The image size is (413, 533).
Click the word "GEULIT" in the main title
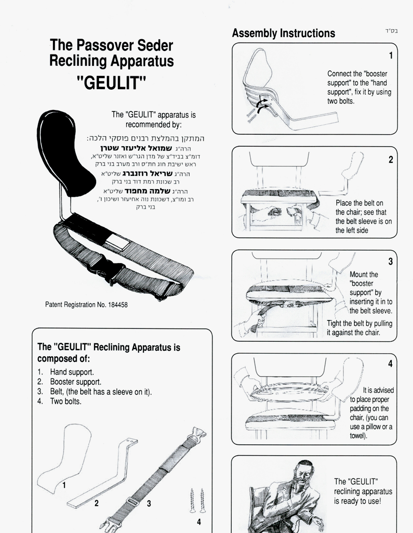coord(111,83)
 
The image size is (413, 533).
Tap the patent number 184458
coord(118,305)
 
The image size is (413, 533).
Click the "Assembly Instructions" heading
coord(283,33)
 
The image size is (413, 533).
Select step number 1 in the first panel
coord(391,55)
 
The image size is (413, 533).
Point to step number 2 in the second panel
coord(391,160)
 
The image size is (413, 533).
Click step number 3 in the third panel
coord(391,262)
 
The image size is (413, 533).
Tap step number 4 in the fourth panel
coord(390,364)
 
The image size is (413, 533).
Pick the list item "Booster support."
coord(76,382)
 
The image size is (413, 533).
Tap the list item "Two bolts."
coord(66,401)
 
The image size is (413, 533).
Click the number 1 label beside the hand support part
coord(64,485)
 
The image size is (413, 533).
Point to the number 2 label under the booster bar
coord(97,503)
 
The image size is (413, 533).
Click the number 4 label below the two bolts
coord(199,522)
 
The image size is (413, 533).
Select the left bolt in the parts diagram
coord(192,500)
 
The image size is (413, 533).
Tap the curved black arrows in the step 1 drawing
coord(262,106)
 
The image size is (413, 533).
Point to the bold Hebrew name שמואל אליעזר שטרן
coord(136,149)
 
